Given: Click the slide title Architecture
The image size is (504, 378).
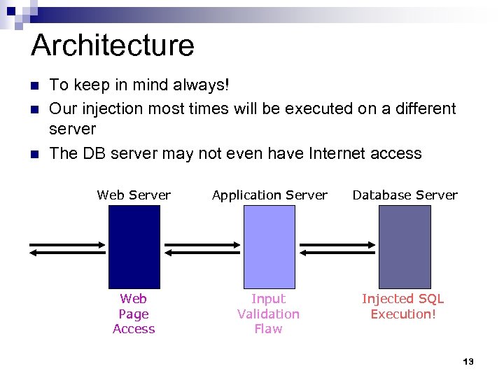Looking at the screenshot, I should click(113, 45).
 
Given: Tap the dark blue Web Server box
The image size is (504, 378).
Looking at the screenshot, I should click(134, 246).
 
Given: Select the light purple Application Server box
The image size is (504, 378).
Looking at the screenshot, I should click(269, 246).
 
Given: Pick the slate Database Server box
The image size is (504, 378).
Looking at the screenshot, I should click(405, 246).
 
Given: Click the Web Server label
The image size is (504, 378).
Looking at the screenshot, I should click(134, 195).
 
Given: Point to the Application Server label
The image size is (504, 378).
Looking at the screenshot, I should click(269, 195).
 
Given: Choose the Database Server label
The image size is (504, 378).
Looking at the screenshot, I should click(405, 195).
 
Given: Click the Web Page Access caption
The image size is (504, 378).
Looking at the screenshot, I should click(134, 314).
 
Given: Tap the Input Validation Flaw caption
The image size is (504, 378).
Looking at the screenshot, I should click(268, 314).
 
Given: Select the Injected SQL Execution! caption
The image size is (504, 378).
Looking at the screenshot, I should click(403, 307).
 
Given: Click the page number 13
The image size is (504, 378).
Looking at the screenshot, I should click(468, 362).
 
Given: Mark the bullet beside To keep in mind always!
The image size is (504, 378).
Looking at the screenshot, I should click(34, 86).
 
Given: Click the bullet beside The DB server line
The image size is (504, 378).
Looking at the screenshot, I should click(34, 154).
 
